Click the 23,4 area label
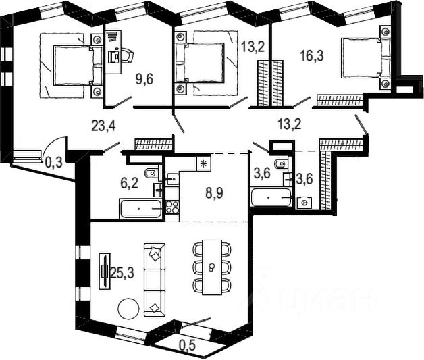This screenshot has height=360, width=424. coord(101,124)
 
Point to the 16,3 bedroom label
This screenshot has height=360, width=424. coord(311,55)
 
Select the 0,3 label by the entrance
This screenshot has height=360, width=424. coord(53,161)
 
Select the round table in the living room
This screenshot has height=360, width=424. coord(129,309)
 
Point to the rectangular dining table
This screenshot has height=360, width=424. coord(212,267)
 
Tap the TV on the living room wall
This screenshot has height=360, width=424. coord(104,272)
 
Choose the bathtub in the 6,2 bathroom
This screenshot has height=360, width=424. coord(140,209)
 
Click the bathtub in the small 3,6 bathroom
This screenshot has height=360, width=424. coord(271,198)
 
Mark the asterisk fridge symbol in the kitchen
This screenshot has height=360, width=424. coord(202,163)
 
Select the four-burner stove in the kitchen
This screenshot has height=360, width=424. coord(171,207)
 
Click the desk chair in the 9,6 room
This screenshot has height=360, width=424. coord(126,54)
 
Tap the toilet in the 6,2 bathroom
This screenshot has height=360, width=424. coord(151,174)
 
